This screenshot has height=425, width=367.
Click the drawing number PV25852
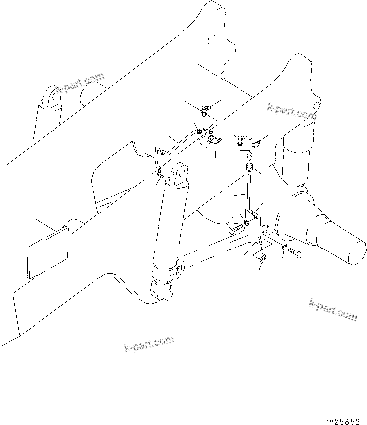[x=342, y=408]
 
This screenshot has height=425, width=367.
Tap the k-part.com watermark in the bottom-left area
[x=149, y=344]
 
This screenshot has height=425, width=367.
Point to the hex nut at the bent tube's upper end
[x=199, y=131]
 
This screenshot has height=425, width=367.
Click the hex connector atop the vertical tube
[x=249, y=164]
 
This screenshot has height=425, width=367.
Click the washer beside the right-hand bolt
[x=283, y=246]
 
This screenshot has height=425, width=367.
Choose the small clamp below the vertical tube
[x=262, y=257]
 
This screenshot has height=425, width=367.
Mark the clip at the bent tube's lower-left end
[x=158, y=173]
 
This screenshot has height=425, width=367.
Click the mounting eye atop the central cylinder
[x=179, y=174]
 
